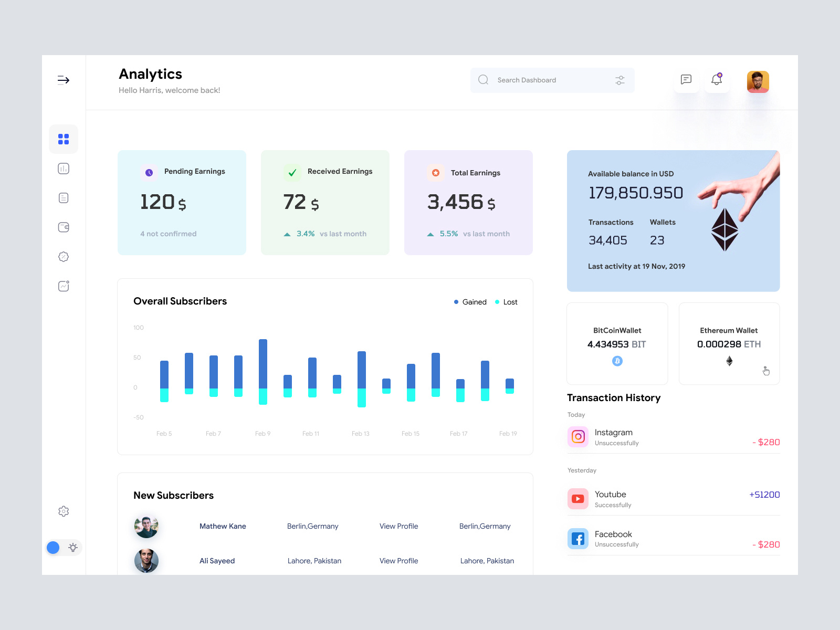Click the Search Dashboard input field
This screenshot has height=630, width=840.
(x=546, y=80)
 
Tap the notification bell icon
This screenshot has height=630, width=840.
(x=717, y=80)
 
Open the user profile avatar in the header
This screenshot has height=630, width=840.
(x=758, y=82)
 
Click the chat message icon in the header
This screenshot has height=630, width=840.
(x=686, y=80)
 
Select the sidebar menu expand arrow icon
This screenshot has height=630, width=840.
(x=64, y=80)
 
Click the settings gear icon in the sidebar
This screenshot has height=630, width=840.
(x=64, y=511)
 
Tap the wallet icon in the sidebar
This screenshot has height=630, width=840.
(x=64, y=227)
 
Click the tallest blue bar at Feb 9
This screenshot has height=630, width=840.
(x=263, y=363)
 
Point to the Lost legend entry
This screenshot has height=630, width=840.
(x=507, y=302)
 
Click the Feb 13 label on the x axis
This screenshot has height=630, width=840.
(x=361, y=434)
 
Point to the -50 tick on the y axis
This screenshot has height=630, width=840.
(x=138, y=417)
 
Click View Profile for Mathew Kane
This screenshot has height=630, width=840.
(x=398, y=526)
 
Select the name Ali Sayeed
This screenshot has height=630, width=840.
(x=217, y=561)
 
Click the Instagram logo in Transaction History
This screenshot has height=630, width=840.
(x=578, y=437)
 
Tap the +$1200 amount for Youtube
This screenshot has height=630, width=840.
(x=764, y=495)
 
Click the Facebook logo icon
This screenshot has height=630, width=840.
(x=578, y=539)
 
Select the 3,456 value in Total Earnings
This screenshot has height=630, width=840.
(x=455, y=202)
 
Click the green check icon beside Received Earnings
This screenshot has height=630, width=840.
(x=292, y=172)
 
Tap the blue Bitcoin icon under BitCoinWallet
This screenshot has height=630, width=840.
(x=617, y=361)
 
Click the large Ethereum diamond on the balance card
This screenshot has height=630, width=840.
(x=724, y=229)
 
